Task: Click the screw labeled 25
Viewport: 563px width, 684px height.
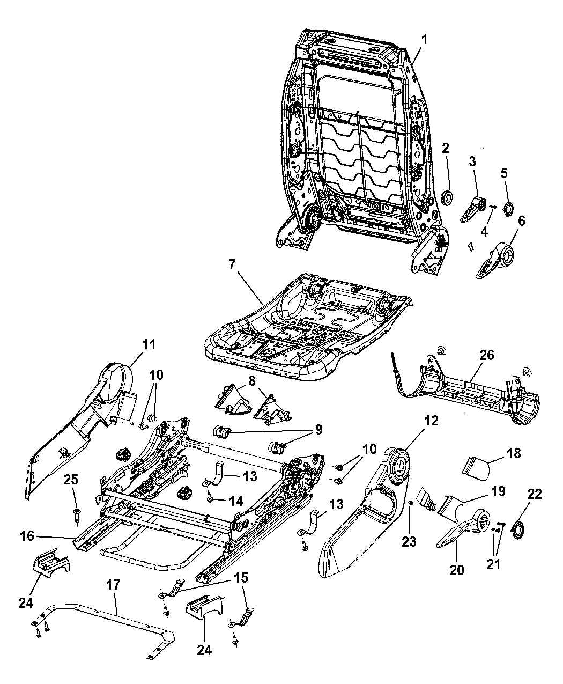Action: pyautogui.click(x=77, y=514)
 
